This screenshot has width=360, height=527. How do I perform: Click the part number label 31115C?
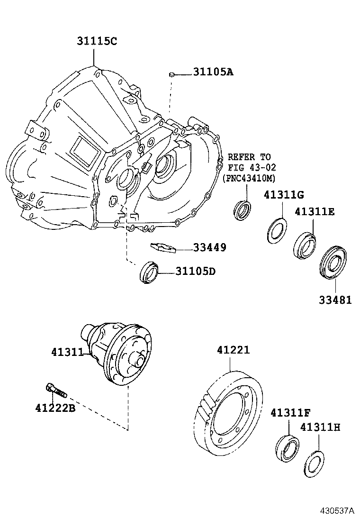pos(96,41)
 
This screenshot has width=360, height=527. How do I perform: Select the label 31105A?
pos(213,72)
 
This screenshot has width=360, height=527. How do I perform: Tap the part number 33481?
pos(335,300)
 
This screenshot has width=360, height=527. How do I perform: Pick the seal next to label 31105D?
pos(149,273)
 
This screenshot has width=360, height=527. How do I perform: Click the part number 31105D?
pos(196,272)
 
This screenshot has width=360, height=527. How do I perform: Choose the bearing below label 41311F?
pos(287,447)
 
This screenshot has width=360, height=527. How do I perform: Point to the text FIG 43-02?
pos(252,167)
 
